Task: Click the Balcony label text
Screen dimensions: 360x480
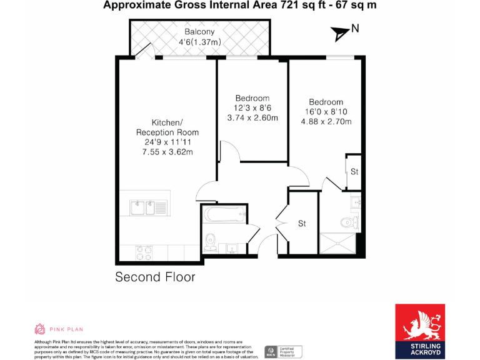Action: pos(199,32)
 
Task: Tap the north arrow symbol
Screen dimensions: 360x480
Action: pos(341,32)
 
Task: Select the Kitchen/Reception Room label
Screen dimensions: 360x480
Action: pos(167,127)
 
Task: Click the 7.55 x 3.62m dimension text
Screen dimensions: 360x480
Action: pos(167,152)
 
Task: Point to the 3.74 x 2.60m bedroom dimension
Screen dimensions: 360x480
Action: pos(252,118)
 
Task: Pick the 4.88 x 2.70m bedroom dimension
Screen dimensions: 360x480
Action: pos(326,122)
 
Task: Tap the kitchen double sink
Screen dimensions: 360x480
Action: pos(148,207)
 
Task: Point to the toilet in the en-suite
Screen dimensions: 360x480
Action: pos(347,221)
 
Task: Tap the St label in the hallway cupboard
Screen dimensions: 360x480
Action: pos(302,223)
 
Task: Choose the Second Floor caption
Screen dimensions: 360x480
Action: pos(155,277)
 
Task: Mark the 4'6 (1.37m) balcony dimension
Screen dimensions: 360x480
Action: pos(199,42)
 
